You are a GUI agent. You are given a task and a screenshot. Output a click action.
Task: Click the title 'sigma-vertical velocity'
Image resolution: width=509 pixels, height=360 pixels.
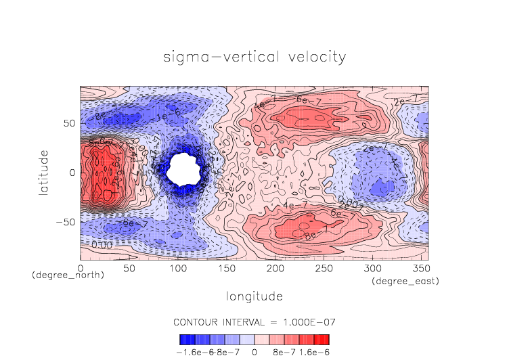tap(255, 57)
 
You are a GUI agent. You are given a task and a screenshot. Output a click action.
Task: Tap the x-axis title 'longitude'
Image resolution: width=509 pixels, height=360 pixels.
tap(255, 296)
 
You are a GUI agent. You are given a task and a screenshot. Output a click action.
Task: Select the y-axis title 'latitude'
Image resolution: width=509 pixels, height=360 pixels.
tap(44, 173)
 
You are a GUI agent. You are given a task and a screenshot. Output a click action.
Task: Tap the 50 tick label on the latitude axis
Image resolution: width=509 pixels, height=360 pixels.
tap(70, 124)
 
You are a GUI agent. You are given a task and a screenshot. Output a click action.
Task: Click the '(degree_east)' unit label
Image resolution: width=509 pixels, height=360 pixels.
tap(405, 280)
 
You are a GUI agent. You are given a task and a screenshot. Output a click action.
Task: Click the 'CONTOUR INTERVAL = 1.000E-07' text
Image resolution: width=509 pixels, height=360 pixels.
tap(255, 321)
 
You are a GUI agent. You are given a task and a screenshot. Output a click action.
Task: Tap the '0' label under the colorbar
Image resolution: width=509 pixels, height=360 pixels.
tap(255, 352)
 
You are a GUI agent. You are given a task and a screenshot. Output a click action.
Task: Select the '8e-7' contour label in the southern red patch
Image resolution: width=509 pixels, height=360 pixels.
tap(312, 235)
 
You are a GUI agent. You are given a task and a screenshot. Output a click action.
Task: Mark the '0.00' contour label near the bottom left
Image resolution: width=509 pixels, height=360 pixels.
tap(102, 244)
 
